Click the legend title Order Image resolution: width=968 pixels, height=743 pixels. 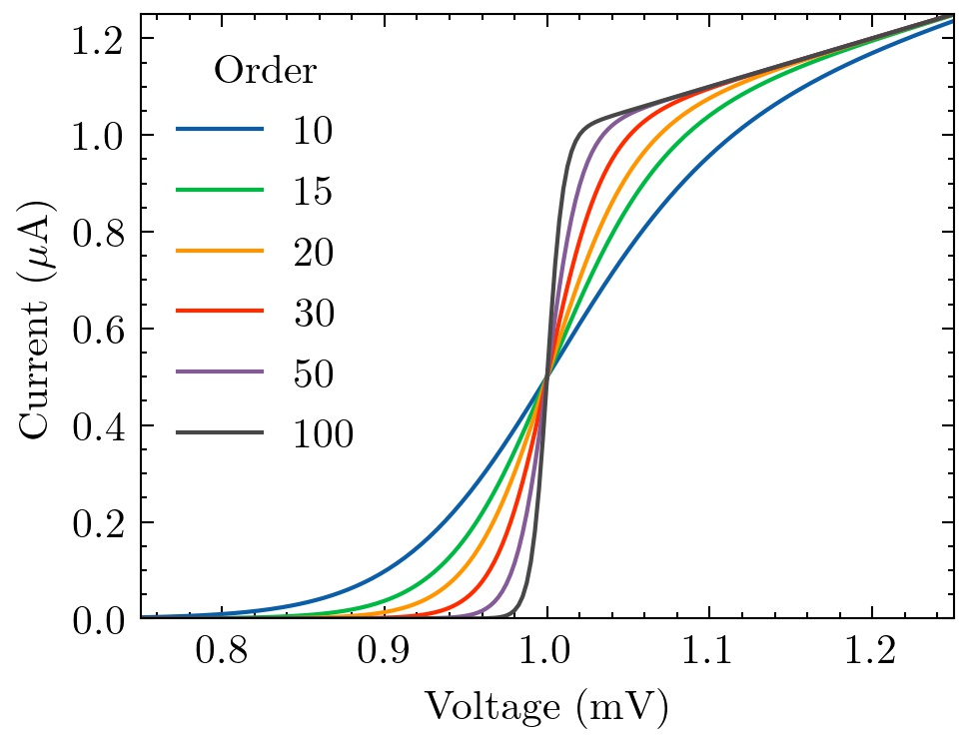click(x=266, y=71)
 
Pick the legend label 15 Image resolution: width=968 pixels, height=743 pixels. click(x=312, y=191)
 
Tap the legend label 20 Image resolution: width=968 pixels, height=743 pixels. click(x=312, y=252)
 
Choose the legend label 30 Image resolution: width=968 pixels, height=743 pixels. click(x=312, y=313)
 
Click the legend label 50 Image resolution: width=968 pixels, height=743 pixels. click(x=312, y=373)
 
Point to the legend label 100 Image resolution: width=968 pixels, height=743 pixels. click(x=323, y=434)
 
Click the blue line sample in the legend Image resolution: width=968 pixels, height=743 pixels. click(x=221, y=130)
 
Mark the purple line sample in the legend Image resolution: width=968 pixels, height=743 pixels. click(x=221, y=373)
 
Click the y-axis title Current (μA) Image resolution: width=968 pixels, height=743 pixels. click(x=37, y=317)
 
